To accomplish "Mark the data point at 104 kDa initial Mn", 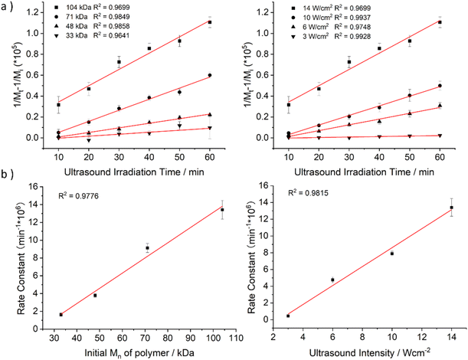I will (x=201, y=210).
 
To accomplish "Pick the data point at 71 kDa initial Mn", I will (x=147, y=248).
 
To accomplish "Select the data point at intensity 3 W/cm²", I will (x=287, y=316).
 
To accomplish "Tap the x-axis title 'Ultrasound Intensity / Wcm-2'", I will (x=368, y=350).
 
